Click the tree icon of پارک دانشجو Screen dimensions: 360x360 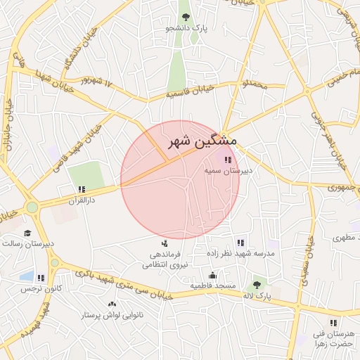click(x=186, y=16)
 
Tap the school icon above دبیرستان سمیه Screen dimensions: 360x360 click(x=226, y=160)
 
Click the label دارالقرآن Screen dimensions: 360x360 click(x=80, y=200)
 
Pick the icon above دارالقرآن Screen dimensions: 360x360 click(x=82, y=189)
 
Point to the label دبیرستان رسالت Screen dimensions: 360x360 click(x=27, y=243)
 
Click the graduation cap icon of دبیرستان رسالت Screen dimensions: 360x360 click(x=27, y=233)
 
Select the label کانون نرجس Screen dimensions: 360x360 click(x=41, y=288)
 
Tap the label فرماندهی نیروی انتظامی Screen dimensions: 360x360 click(x=162, y=259)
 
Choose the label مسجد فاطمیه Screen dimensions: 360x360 click(x=212, y=285)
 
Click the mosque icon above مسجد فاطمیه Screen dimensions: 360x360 click(x=212, y=275)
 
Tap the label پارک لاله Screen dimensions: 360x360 click(x=258, y=297)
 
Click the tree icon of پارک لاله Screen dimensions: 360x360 click(x=257, y=286)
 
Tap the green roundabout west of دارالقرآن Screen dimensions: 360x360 click(x=32, y=207)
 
